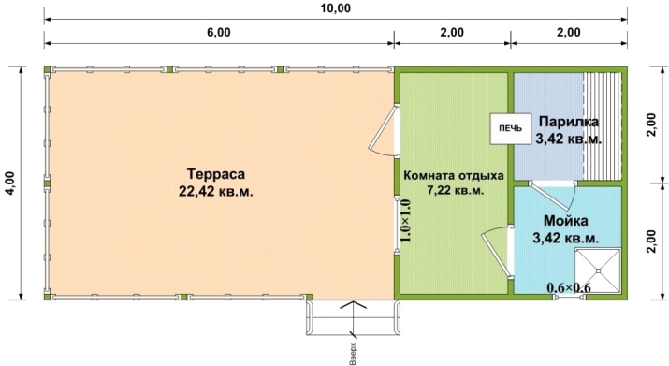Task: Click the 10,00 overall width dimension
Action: (x=335, y=8)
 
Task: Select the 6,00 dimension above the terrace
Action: (x=219, y=33)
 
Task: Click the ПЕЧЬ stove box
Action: (x=510, y=128)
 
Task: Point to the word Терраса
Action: (x=216, y=174)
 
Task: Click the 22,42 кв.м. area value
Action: (x=216, y=191)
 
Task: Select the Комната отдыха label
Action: (x=454, y=176)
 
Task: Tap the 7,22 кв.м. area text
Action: (x=456, y=190)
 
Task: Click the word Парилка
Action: (x=569, y=122)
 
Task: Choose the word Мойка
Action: (x=566, y=221)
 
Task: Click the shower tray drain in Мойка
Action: (x=598, y=271)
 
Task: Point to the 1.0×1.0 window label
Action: (x=405, y=221)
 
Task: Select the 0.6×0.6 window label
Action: (x=569, y=288)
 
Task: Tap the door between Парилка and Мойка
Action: (x=553, y=196)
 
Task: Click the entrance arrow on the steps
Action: (x=353, y=318)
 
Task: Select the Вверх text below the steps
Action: (x=353, y=353)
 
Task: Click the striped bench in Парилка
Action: (x=603, y=126)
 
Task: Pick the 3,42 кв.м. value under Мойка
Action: (x=566, y=238)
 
